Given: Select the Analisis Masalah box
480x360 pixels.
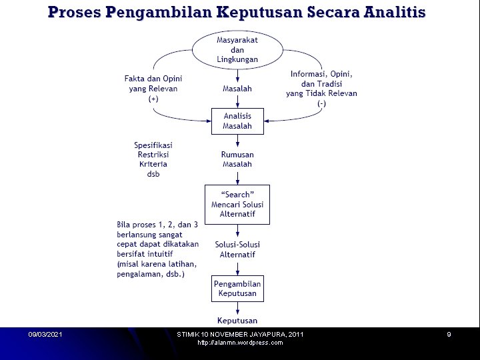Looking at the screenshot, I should pos(237,121).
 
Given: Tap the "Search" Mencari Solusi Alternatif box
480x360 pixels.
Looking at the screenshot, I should pos(237,205).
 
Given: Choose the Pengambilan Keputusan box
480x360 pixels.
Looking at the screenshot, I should pos(237,289).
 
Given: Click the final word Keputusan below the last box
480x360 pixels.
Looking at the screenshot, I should pos(237,321).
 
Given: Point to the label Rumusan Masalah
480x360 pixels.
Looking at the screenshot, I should pos(237,159).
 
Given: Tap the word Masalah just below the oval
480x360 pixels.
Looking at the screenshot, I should pos(237,89).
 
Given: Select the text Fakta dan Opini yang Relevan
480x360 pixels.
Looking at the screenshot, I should pos(153,83).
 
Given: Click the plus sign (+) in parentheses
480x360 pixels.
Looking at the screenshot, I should pos(153,99).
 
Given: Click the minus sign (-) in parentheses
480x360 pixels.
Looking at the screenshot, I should pos(321,103).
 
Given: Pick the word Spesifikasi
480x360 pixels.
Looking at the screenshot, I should pos(153,145).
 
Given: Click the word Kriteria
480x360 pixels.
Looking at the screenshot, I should pos(153,164).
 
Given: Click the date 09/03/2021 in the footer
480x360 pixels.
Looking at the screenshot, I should pos(45,334).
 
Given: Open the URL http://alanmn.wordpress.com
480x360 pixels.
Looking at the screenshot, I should pos(240,343).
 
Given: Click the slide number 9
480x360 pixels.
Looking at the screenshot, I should pos(449,334).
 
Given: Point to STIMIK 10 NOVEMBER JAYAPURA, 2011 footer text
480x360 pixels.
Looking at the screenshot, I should pos(240,334).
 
